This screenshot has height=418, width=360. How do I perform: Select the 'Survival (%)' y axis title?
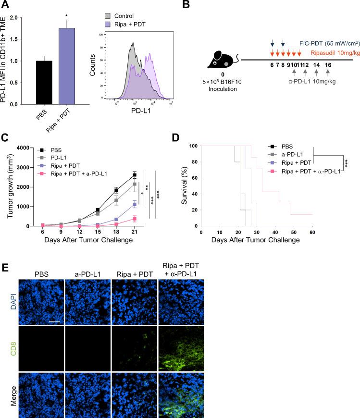tap(185, 185)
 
